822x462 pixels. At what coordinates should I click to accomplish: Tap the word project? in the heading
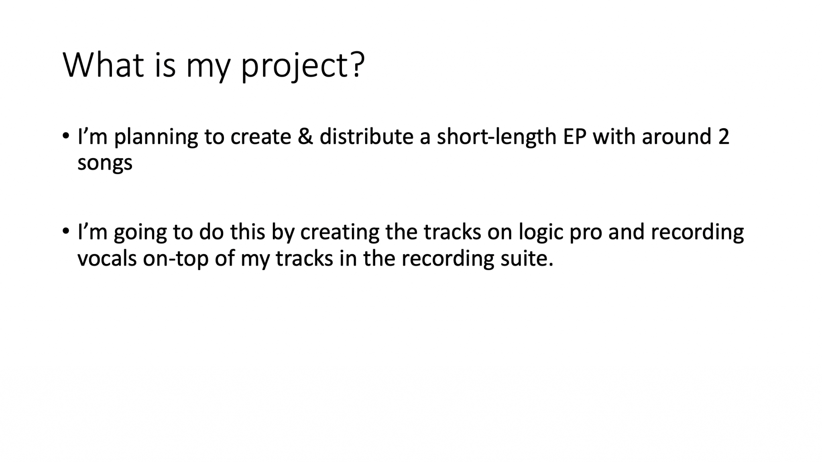coord(303,67)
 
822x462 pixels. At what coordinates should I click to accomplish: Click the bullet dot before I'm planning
coord(66,135)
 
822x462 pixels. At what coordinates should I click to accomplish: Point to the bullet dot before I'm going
coord(66,231)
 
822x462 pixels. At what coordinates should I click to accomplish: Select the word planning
coord(156,137)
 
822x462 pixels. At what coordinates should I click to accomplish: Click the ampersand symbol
coord(305,137)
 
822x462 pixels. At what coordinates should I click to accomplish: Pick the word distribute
coord(366,136)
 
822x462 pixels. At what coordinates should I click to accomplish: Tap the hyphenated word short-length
coord(496,137)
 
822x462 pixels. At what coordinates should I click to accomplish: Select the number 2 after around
coord(724,137)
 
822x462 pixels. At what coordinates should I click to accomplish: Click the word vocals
coord(107,258)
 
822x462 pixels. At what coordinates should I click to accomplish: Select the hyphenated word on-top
coord(176,260)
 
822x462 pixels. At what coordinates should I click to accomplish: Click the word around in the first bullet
coord(677,137)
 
